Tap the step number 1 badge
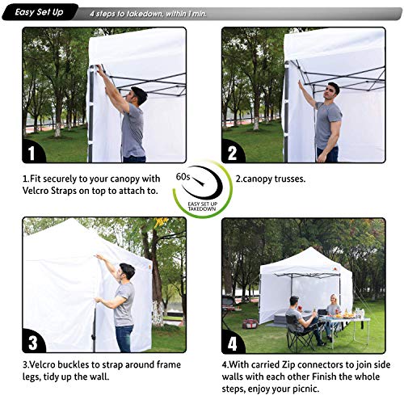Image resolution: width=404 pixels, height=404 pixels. tap(30, 151)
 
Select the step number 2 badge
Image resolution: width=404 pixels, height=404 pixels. tap(233, 151)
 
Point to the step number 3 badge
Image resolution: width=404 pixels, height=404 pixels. tap(30, 341)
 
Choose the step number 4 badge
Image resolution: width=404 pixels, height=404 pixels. tap(233, 341)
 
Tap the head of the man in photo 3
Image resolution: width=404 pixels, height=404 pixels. tap(126, 270)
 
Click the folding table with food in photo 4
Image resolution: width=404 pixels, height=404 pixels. tap(350, 321)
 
